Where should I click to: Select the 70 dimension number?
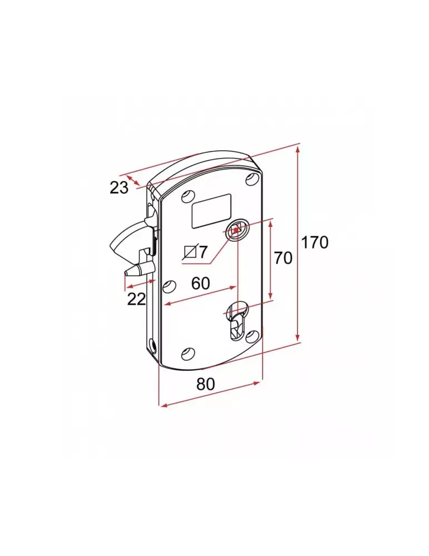[x=283, y=258]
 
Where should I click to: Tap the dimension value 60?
[x=200, y=283]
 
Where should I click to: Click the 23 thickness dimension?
[x=119, y=188]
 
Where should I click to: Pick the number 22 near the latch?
[x=136, y=299]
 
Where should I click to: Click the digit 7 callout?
[x=203, y=252]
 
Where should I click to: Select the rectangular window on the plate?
[x=211, y=211]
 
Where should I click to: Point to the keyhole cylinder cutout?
[x=236, y=322]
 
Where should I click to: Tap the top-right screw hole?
[x=252, y=179]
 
